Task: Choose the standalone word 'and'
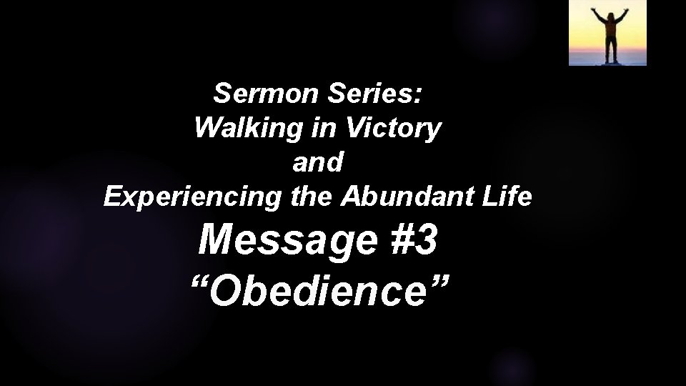318,163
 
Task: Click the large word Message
287,242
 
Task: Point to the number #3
412,242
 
